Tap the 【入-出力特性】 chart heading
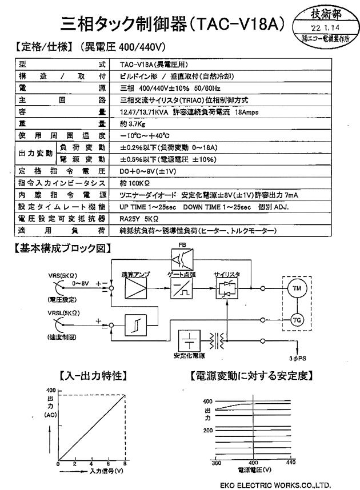(x=93, y=377)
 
